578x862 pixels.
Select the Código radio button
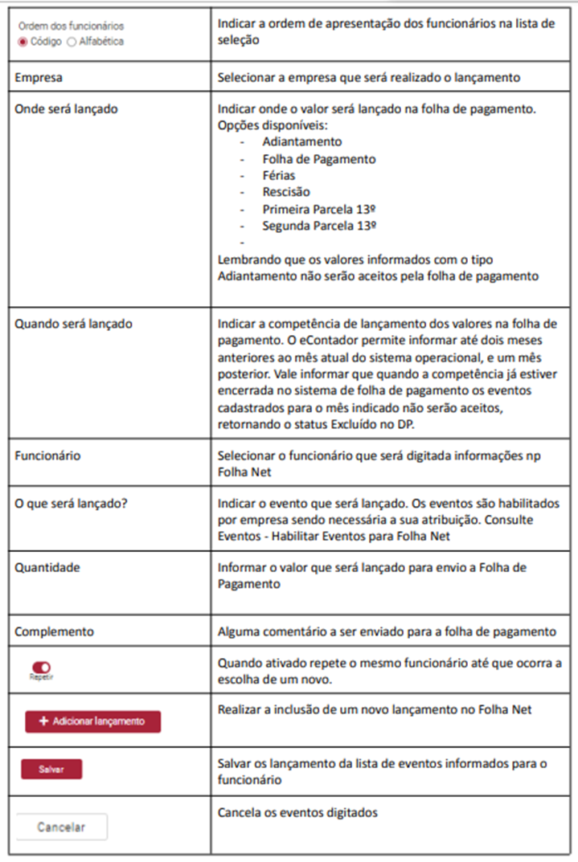pos(23,41)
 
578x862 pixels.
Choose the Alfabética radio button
pos(72,41)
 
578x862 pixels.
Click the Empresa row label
pos(39,79)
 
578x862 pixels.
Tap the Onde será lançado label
pos(66,108)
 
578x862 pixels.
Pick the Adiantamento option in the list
pos(290,141)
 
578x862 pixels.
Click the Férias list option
pos(278,175)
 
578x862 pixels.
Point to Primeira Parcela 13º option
pos(320,209)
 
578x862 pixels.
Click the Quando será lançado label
pos(74,324)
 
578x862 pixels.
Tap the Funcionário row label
pos(47,456)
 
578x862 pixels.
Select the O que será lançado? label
pos(72,504)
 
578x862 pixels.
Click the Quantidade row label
pos(47,567)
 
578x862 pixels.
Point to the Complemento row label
pos(54,631)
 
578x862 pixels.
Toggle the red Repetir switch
pos(41,667)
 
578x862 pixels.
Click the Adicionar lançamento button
pos(92,721)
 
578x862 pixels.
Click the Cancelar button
pos(61,827)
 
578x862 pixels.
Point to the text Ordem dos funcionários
pos(71,26)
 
